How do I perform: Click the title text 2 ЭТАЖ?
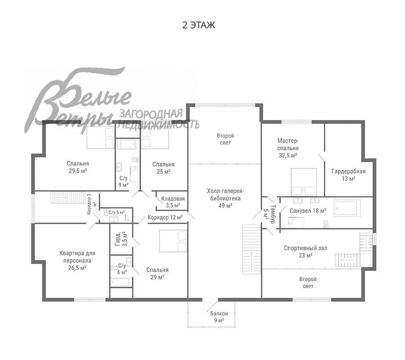click(198, 25)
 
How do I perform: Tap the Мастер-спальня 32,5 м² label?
click(288, 148)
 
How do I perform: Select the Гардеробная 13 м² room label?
click(348, 175)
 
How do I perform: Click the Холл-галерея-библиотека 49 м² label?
click(225, 198)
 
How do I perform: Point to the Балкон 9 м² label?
click(219, 317)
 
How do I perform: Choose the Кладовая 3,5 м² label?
click(173, 202)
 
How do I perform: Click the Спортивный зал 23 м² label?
click(306, 252)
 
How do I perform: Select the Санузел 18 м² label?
click(308, 211)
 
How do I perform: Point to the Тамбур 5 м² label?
click(269, 214)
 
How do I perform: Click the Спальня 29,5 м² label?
click(78, 167)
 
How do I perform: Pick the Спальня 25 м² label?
click(163, 168)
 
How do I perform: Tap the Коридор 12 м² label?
click(165, 217)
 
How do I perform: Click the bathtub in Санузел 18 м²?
click(347, 208)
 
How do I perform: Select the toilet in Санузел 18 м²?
click(326, 225)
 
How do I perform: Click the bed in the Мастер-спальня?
click(304, 182)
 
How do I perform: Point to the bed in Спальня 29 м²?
click(173, 241)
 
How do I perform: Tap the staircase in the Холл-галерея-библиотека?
click(252, 249)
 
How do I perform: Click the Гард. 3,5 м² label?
click(121, 239)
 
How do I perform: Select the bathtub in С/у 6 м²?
click(120, 282)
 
